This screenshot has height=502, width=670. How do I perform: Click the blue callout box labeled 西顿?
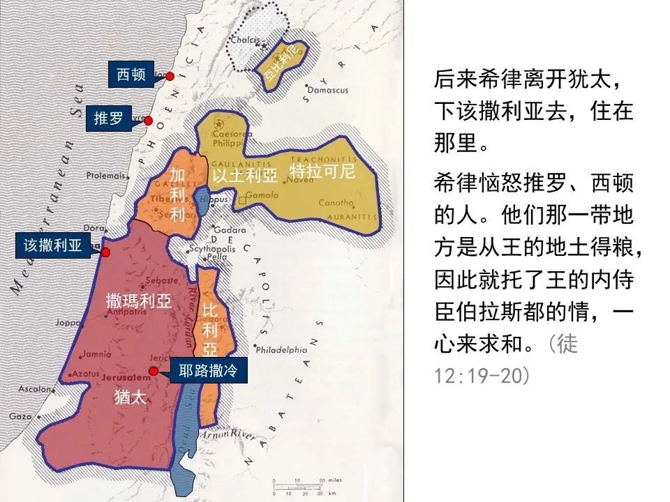click(x=131, y=74)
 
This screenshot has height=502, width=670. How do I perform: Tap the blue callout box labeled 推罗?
click(x=108, y=119)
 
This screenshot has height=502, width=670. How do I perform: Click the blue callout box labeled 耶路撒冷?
click(x=203, y=371)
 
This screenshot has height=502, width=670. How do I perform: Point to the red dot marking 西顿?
click(x=170, y=75)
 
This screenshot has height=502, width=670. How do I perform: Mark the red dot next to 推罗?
click(x=148, y=121)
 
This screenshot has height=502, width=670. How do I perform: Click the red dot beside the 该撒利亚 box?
click(x=106, y=252)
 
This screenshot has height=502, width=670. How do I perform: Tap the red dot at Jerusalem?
click(x=154, y=371)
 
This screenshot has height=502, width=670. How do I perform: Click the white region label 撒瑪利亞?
click(x=139, y=301)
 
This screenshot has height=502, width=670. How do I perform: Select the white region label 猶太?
click(x=131, y=397)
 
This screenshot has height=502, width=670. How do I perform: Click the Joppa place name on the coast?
click(x=68, y=323)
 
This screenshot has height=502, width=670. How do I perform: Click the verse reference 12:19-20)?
click(x=482, y=376)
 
